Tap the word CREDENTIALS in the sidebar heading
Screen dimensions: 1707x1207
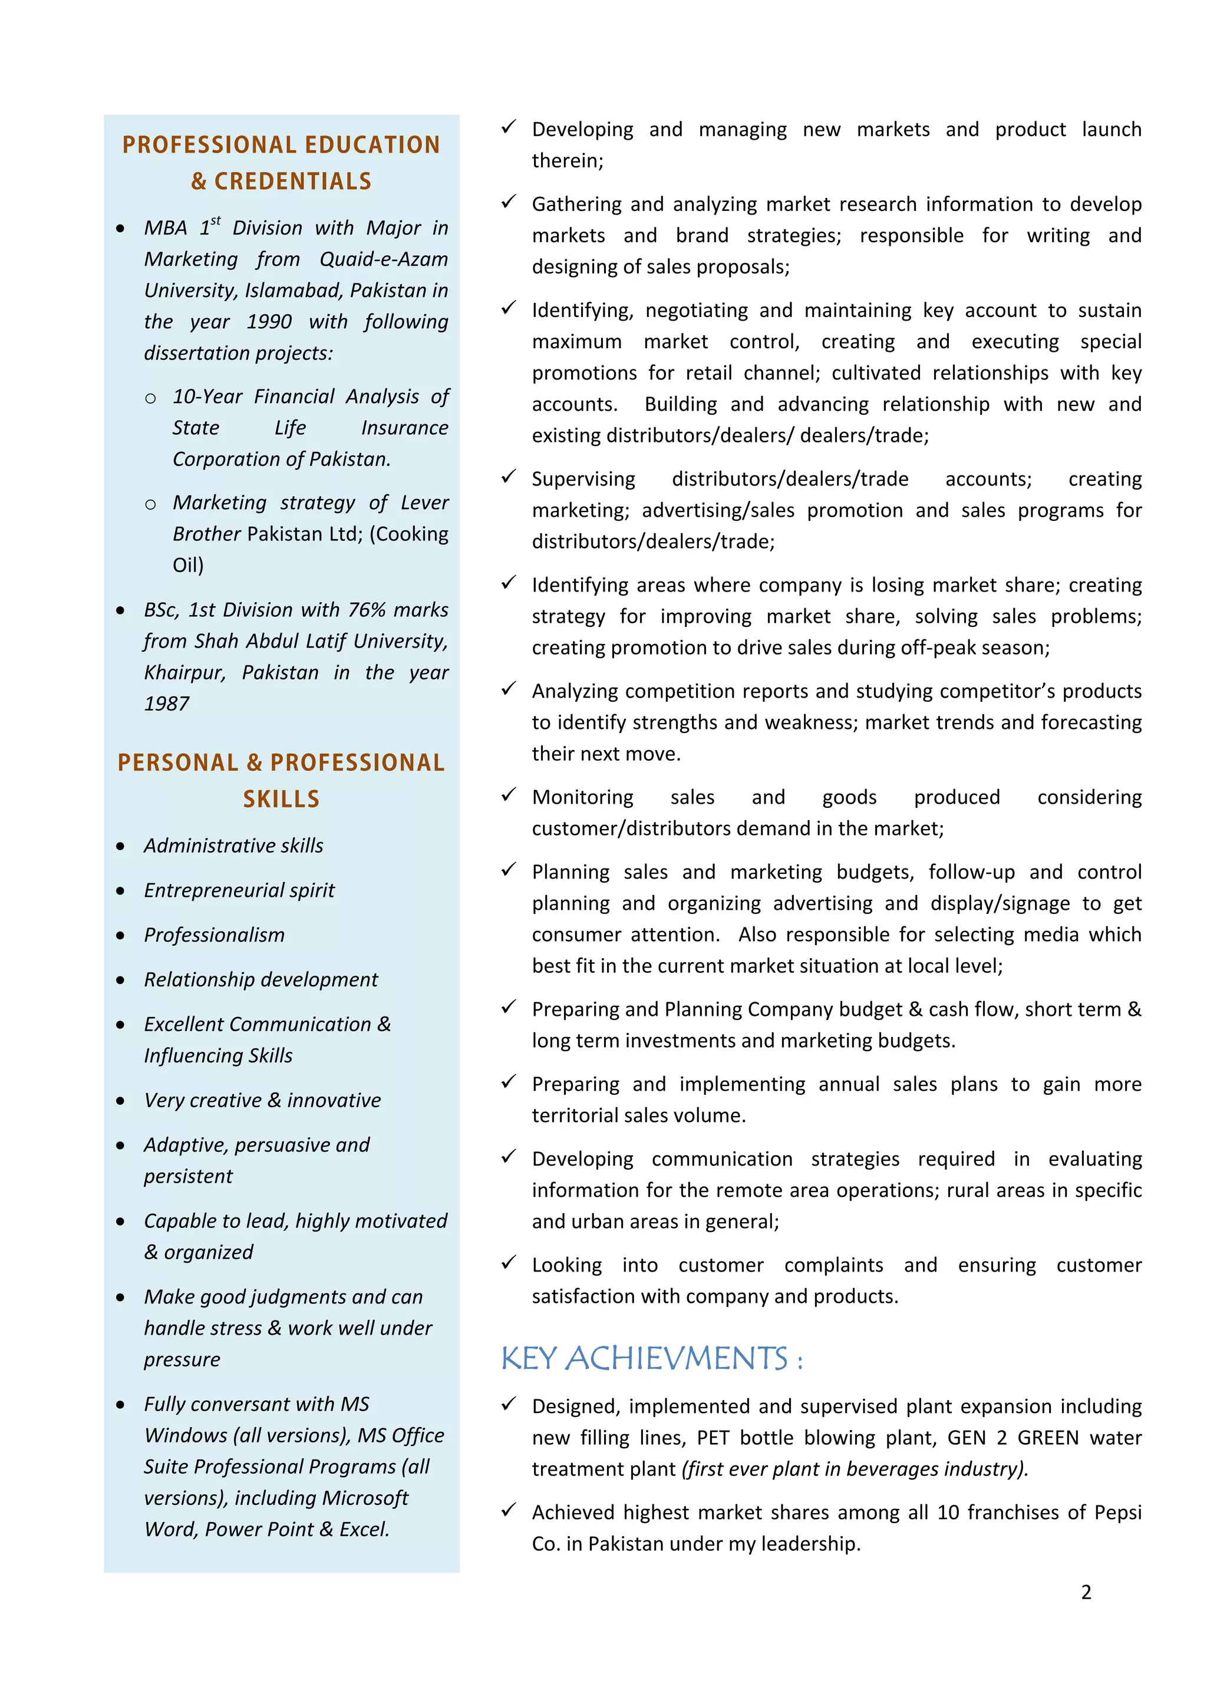pyautogui.click(x=292, y=181)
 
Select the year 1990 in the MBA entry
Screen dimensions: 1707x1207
pyautogui.click(x=269, y=322)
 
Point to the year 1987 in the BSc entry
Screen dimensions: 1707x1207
pyautogui.click(x=167, y=704)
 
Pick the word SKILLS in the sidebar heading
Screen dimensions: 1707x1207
pyautogui.click(x=281, y=799)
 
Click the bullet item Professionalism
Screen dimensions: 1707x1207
pyautogui.click(x=214, y=935)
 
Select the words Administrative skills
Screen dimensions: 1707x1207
pyautogui.click(x=233, y=846)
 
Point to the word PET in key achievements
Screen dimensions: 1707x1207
pyautogui.click(x=713, y=1438)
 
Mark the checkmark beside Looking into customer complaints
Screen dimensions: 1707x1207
pyautogui.click(x=509, y=1262)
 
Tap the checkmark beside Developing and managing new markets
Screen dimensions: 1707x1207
pyautogui.click(x=509, y=127)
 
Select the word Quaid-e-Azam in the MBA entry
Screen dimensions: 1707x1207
pyautogui.click(x=384, y=259)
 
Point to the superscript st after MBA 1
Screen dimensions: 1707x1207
pyautogui.click(x=216, y=221)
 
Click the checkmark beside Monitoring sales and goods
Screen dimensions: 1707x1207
pyautogui.click(x=509, y=795)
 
